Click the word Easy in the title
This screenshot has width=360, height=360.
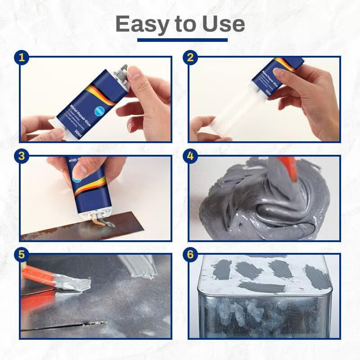(x=143, y=24)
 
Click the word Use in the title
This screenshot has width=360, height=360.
(x=220, y=24)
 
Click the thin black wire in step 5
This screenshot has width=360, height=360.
(x=63, y=326)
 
